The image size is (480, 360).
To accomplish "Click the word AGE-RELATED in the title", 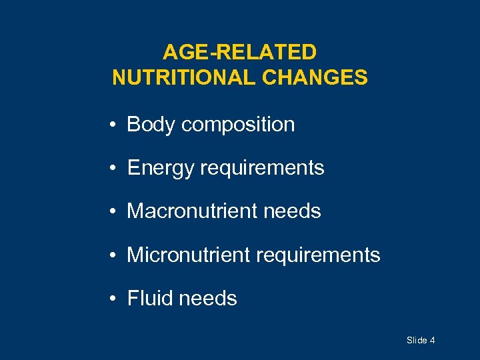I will tap(240, 52).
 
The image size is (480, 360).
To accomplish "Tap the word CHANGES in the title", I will tap(315, 78).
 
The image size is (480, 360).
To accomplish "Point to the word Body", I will tap(151, 125).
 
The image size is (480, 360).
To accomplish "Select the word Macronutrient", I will tap(191, 211).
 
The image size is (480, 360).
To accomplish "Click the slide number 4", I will tap(433, 341).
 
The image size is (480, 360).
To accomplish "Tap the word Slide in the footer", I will tap(417, 341).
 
